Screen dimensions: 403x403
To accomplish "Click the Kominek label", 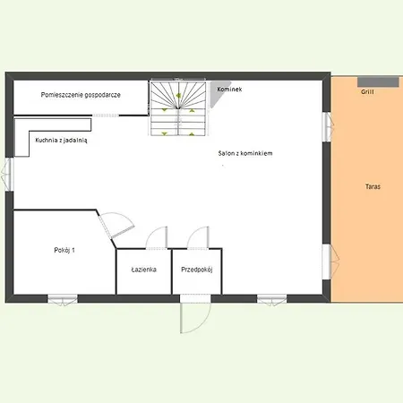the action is point(229,90).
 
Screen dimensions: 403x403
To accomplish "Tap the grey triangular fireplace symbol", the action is point(217,91).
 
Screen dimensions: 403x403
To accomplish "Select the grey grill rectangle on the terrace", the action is point(378,81).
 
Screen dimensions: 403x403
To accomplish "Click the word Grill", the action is point(367,92).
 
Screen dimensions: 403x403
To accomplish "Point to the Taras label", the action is point(373,186).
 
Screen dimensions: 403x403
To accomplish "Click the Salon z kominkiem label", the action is point(245,153).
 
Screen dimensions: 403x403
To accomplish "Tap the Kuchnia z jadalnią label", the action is point(61,141).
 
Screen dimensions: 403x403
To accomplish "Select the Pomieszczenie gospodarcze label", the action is point(81,95).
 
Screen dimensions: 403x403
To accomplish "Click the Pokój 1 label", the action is point(64,250).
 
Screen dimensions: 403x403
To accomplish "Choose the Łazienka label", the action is point(144,270).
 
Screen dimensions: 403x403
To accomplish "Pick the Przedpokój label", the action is point(197,270).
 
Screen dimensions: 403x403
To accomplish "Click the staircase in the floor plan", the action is point(178,108).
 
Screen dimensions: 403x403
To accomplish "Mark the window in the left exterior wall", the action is point(8,174).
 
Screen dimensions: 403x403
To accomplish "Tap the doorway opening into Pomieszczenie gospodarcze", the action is point(106,116).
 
